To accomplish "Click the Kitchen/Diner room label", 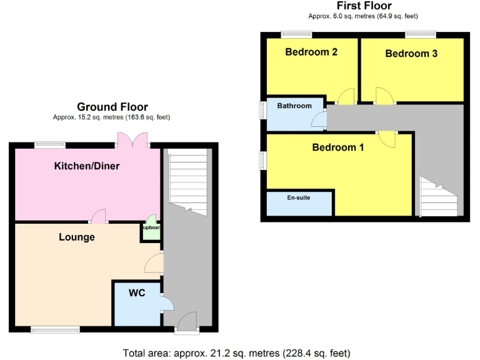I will click(87, 166).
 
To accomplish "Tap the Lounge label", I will click(77, 237).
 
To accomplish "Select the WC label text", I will click(137, 292).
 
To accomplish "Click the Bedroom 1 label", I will click(338, 147).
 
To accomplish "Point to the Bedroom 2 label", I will click(311, 52).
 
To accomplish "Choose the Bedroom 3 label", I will click(411, 54).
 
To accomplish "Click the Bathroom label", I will click(294, 106).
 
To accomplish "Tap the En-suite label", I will click(299, 197).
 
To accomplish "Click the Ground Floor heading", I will click(112, 107).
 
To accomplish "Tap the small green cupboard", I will click(151, 228).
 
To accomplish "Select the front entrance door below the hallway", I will click(186, 322).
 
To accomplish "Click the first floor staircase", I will click(437, 197).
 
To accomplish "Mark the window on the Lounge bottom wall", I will click(55, 329).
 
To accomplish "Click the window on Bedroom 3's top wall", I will click(421, 34).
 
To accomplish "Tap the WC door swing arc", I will click(167, 303).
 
